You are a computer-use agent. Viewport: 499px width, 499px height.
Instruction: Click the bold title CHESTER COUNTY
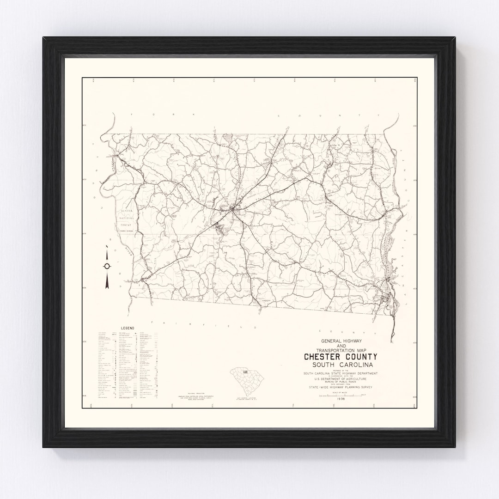340,357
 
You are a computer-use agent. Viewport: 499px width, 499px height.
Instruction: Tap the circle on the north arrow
107,266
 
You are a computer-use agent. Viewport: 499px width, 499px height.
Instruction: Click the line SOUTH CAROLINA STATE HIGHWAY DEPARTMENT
340,373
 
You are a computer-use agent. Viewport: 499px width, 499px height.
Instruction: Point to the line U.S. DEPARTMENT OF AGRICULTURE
340,379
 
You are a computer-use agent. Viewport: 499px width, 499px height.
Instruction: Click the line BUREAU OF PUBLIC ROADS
340,383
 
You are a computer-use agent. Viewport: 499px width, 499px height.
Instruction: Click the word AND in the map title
340,346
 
